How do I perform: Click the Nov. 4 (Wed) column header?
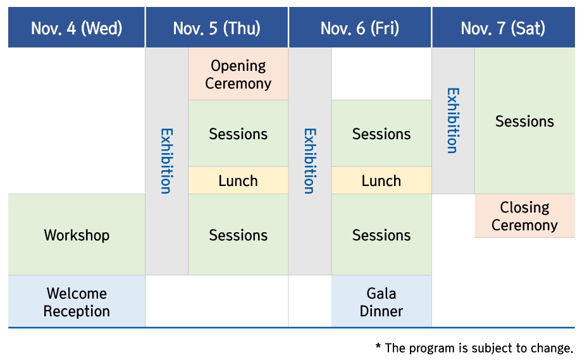[x=77, y=27]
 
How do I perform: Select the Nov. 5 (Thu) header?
[x=217, y=27]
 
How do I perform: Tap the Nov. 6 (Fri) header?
[x=360, y=27]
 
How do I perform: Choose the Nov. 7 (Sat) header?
[x=503, y=27]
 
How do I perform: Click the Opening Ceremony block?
[x=238, y=74]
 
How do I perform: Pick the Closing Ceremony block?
[x=524, y=216]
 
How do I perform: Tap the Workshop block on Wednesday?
[x=77, y=235]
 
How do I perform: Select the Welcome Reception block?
[x=77, y=301]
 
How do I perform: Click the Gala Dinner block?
[x=381, y=301]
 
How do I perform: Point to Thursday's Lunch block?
[x=238, y=180]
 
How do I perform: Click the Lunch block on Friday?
[x=381, y=180]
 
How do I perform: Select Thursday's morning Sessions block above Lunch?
[x=238, y=133]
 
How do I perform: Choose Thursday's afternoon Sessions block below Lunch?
[x=238, y=235]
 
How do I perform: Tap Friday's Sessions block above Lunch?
[x=381, y=133]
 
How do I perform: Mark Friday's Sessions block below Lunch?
[x=381, y=235]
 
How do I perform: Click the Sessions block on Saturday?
[x=524, y=121]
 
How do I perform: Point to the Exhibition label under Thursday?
[x=166, y=161]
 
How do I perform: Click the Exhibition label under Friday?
[x=309, y=161]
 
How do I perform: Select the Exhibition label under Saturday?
[x=453, y=121]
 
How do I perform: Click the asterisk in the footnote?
[x=378, y=346]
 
